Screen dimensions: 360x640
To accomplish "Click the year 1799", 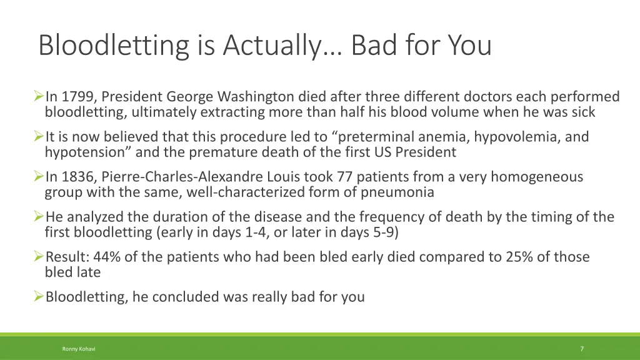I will tap(78, 97).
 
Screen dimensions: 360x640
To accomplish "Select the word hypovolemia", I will tap(497, 137).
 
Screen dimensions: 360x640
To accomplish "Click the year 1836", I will tap(78, 177).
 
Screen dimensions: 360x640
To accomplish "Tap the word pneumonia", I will tap(397, 192).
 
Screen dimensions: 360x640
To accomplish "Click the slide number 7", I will tap(582, 349).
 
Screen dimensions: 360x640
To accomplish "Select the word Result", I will tap(66, 257).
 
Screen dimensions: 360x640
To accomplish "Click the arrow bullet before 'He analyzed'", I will tap(39, 217).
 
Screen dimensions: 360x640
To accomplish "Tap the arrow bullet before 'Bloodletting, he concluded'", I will tap(39, 297).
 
